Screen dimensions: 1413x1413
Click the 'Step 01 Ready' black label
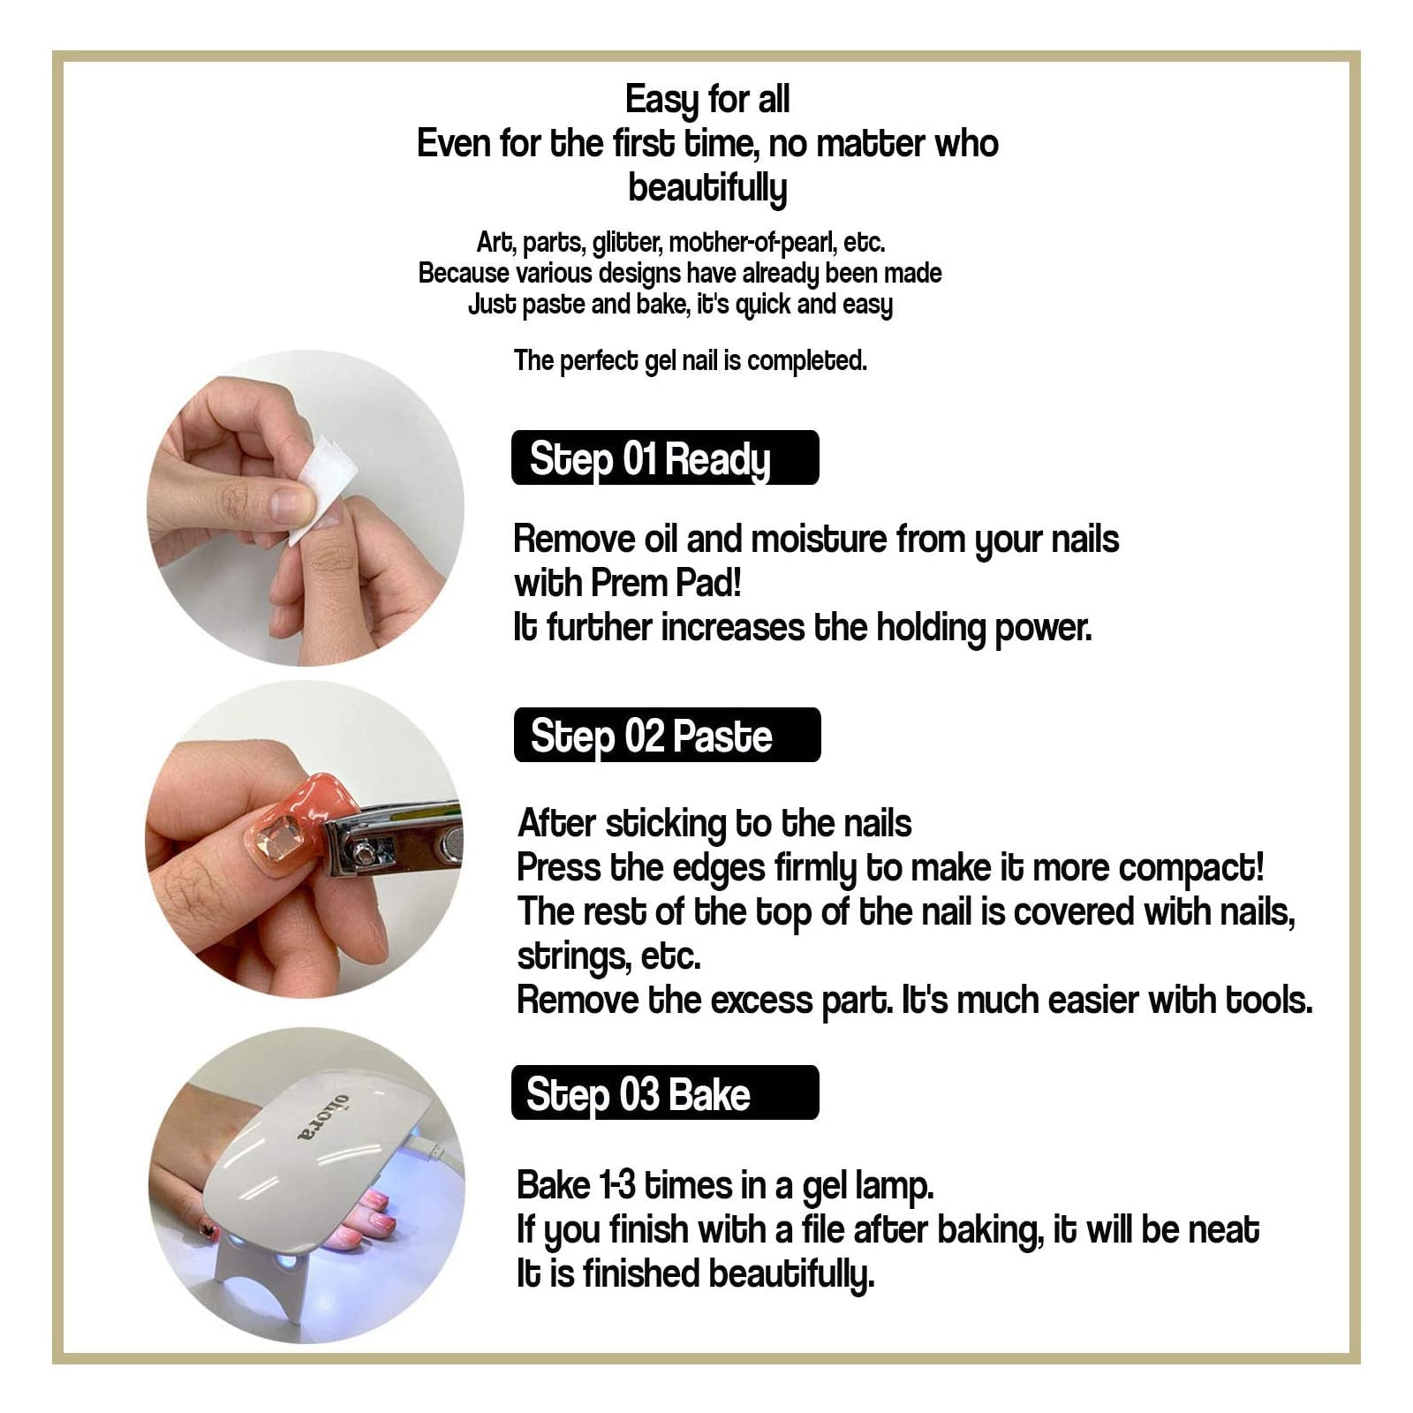tap(665, 457)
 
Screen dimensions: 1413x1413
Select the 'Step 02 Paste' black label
tap(667, 735)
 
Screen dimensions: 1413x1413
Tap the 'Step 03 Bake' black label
tap(665, 1092)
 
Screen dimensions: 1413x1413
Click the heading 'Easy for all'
tap(707, 100)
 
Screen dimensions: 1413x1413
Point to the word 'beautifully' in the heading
tap(707, 188)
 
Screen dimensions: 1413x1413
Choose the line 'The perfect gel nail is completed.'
tap(691, 360)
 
